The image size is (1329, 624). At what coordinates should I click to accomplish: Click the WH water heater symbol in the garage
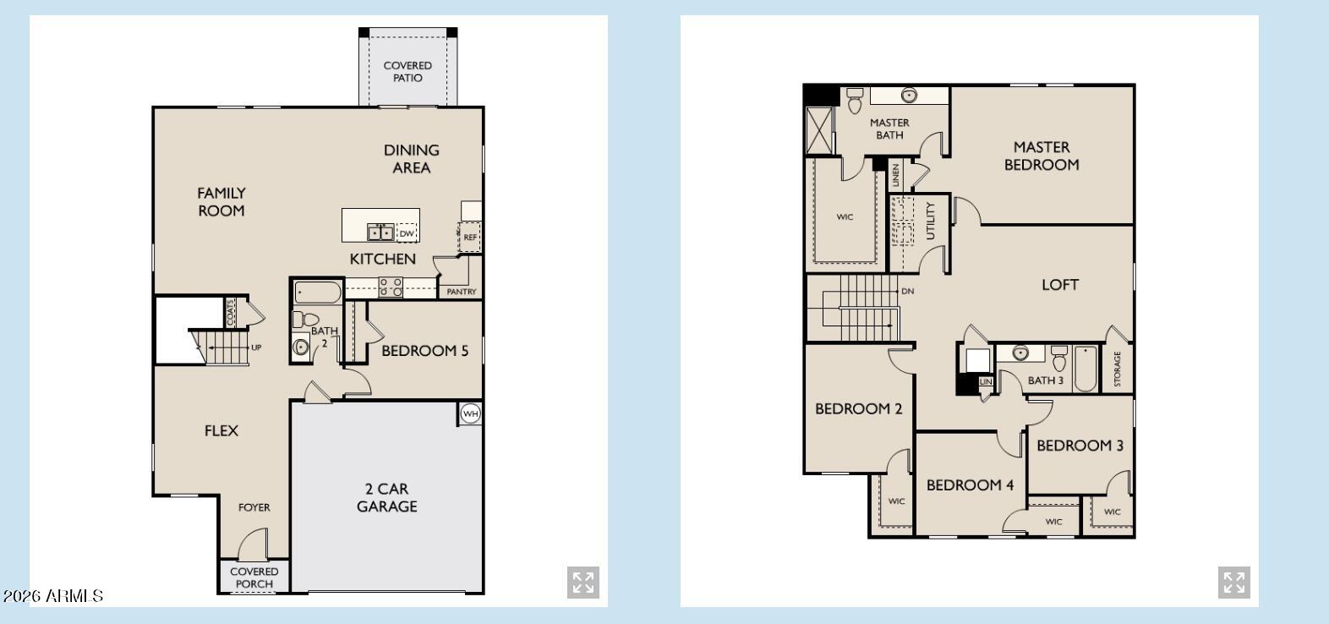470,413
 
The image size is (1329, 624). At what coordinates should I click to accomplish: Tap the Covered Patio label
407,71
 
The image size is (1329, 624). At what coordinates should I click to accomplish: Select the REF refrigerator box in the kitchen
470,237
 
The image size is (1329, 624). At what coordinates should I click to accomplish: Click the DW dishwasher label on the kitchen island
407,233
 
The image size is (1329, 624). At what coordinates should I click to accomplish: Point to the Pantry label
462,292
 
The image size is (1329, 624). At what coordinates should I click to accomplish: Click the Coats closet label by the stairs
230,311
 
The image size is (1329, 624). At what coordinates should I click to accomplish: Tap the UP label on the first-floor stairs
256,348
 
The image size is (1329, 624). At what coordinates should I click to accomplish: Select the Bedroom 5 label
424,350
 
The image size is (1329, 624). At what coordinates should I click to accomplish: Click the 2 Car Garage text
386,497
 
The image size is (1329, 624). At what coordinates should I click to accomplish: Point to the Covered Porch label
254,577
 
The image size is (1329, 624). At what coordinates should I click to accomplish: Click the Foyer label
254,507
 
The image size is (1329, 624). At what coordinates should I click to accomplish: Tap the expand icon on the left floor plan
583,583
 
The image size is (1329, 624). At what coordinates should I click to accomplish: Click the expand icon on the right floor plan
1234,583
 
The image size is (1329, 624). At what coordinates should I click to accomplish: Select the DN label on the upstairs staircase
908,291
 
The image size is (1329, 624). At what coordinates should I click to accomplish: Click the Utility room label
931,221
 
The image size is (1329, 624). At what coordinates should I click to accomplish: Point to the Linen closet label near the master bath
896,175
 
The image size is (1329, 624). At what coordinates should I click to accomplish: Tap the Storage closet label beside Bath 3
1117,369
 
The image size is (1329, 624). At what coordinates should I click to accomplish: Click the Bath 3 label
1046,380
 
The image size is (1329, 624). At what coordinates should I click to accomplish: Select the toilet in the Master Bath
854,100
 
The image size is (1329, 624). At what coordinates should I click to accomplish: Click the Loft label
1060,285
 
